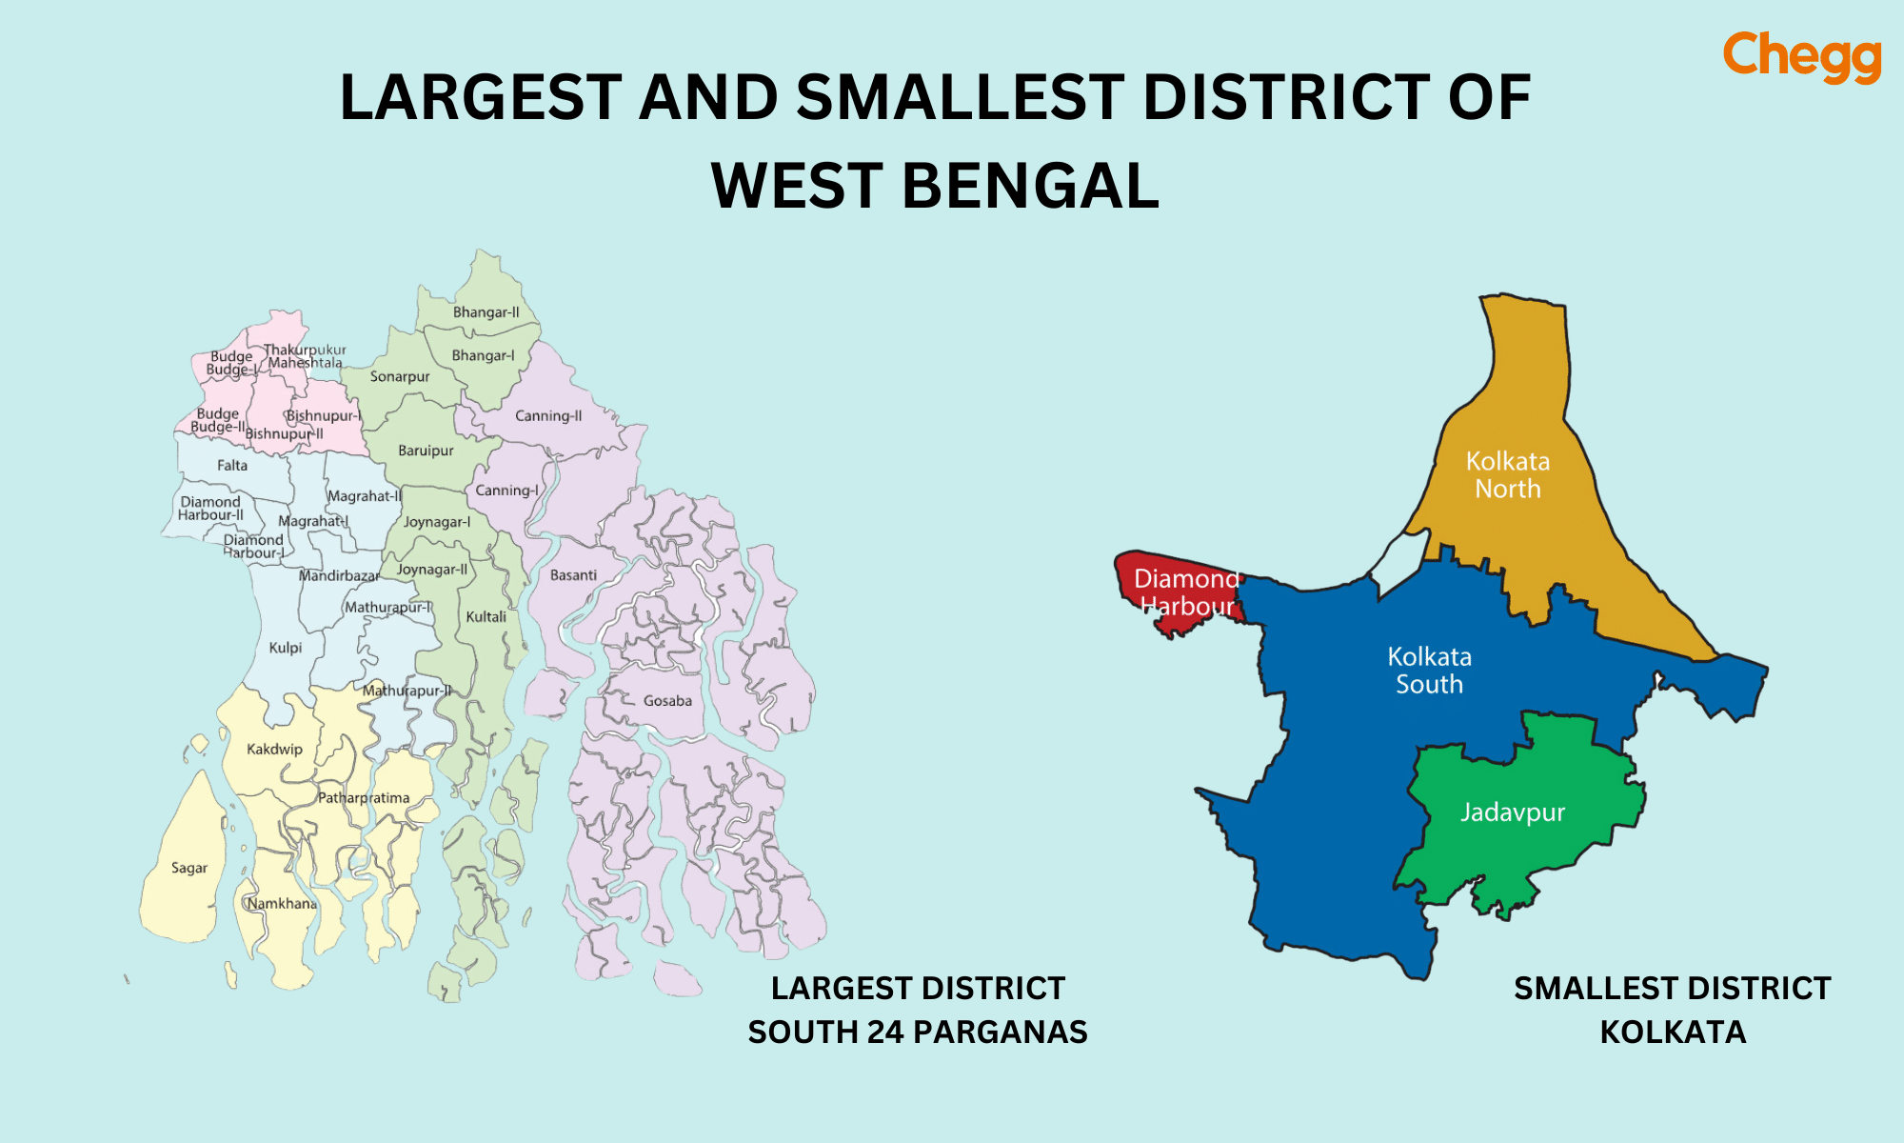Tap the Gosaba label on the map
click(667, 701)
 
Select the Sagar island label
click(189, 868)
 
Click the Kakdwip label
click(274, 749)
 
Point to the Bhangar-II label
click(486, 312)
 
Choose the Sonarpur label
click(400, 376)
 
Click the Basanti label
click(573, 575)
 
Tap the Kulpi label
click(285, 648)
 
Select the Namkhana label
click(282, 903)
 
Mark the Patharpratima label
click(364, 798)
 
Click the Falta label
click(231, 466)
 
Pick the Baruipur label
click(426, 451)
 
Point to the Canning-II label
click(548, 416)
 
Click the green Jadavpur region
click(1523, 838)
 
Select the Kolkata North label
click(1508, 474)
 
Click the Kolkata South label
click(1429, 670)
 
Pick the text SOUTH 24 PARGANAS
click(917, 1032)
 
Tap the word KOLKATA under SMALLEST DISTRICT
click(1673, 1032)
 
